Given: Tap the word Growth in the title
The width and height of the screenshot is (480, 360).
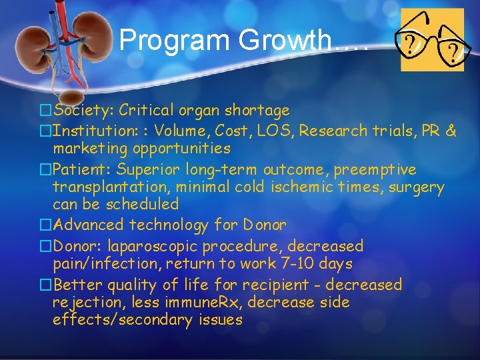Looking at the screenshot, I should click(287, 41).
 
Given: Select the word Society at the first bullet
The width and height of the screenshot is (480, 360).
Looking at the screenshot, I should click(79, 110).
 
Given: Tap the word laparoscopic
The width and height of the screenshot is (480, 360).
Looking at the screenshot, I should click(151, 246).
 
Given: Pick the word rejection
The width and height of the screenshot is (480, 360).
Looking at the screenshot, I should click(85, 303).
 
